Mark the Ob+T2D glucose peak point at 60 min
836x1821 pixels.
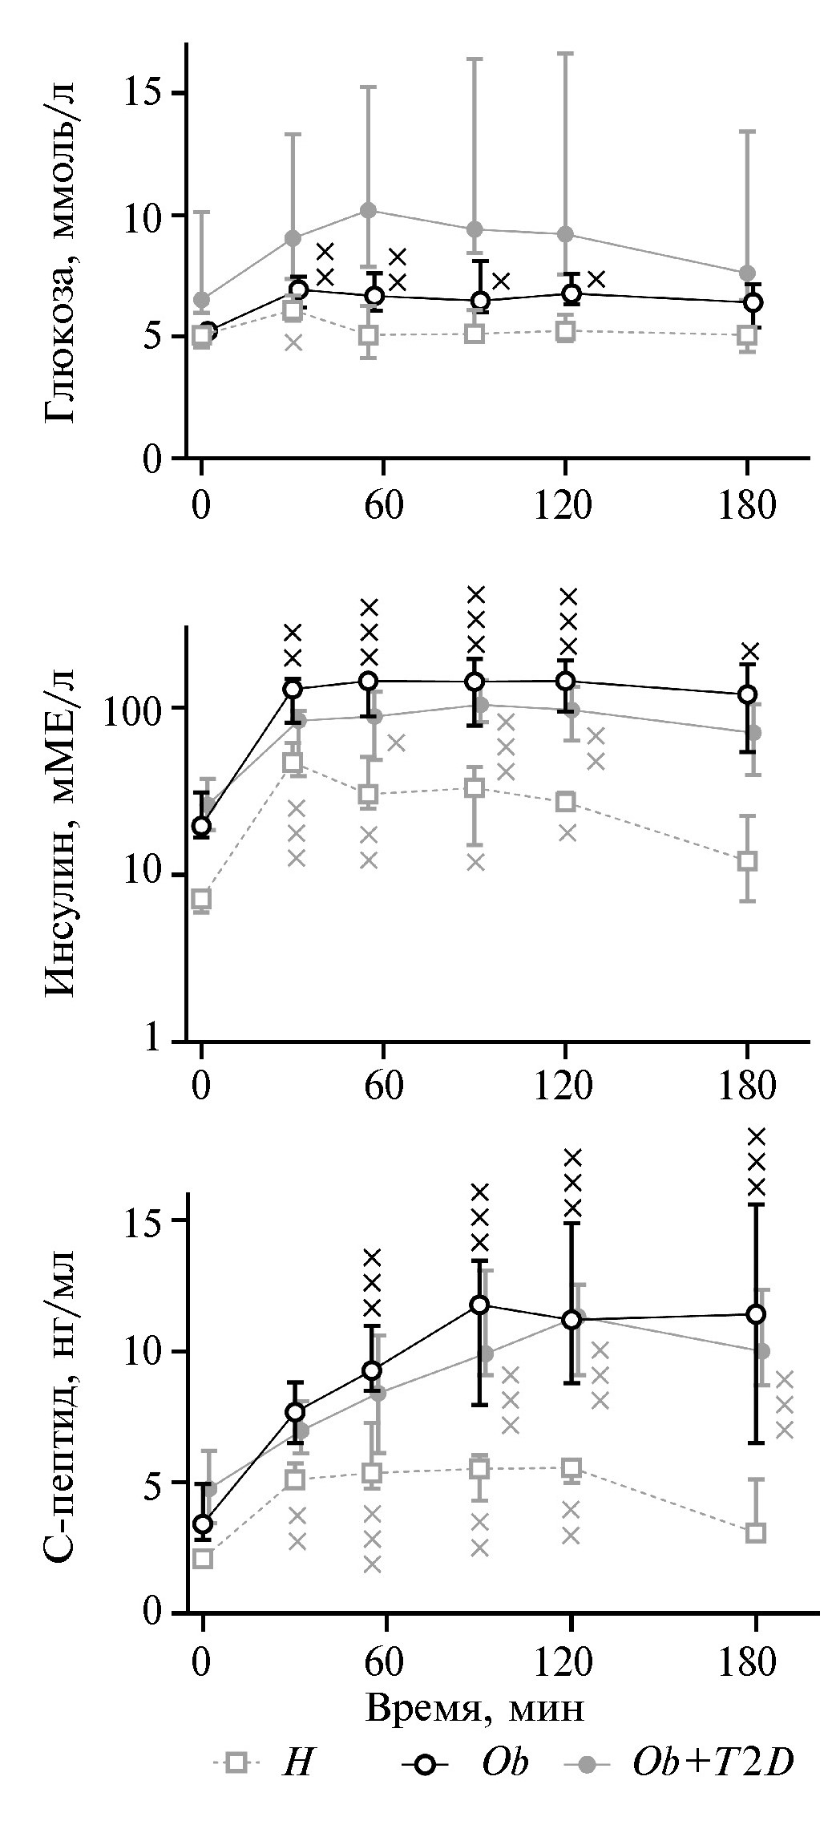pyautogui.click(x=369, y=210)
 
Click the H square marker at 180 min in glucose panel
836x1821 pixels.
pyautogui.click(x=747, y=334)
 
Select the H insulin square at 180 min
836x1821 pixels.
pyautogui.click(x=747, y=861)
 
